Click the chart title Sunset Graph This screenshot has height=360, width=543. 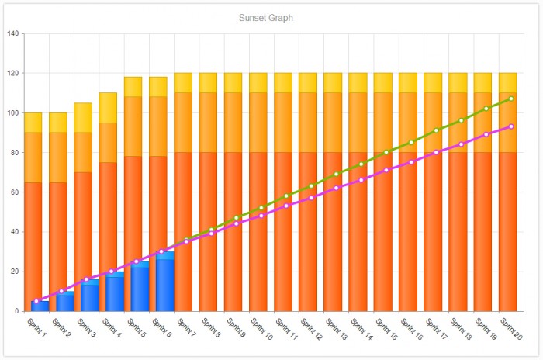(x=267, y=17)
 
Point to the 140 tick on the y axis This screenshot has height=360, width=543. (x=13, y=34)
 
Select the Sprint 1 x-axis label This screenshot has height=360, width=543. (x=37, y=325)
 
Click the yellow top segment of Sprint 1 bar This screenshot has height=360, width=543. (x=33, y=123)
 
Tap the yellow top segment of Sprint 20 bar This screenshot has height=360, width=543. (x=508, y=83)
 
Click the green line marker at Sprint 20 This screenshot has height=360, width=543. (x=510, y=99)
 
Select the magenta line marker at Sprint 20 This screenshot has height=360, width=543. (x=510, y=126)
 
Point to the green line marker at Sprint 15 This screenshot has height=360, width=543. (x=386, y=152)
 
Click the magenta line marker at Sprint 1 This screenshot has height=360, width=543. (x=36, y=301)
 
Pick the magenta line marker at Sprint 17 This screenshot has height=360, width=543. (x=436, y=152)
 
